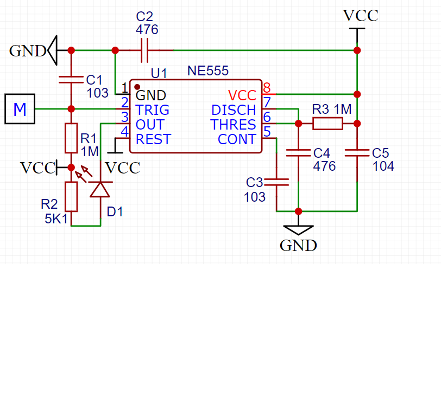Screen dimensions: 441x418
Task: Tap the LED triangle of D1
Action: click(100, 190)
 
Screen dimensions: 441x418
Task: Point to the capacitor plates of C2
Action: click(144, 50)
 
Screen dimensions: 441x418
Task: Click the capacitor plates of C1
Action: click(71, 80)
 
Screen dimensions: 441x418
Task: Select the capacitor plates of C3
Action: click(276, 182)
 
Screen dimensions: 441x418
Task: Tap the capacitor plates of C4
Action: click(298, 153)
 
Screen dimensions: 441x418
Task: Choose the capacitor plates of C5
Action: click(357, 153)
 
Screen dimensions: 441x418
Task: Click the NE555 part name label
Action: click(208, 70)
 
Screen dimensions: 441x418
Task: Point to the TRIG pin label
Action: click(153, 110)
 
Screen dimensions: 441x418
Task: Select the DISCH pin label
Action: click(234, 110)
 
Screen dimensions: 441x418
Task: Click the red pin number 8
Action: click(267, 88)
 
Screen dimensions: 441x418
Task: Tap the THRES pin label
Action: click(233, 124)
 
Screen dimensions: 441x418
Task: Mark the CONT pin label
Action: click(237, 139)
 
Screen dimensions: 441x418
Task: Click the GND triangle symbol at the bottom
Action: click(298, 230)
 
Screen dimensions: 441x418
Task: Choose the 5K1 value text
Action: click(56, 218)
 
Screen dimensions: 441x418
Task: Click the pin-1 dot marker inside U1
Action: click(137, 87)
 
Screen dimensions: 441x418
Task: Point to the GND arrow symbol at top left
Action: click(52, 50)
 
